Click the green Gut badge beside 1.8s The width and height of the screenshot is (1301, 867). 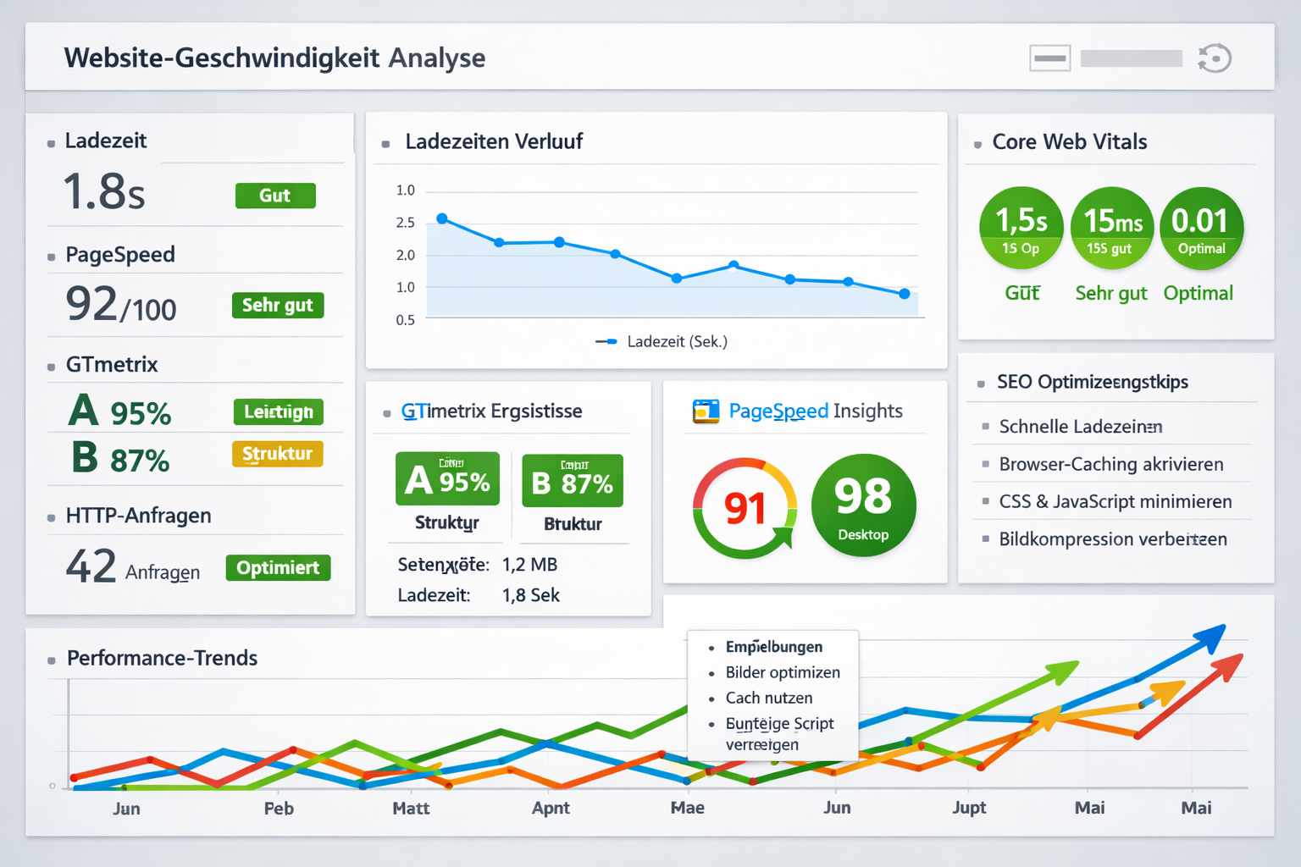[x=275, y=196]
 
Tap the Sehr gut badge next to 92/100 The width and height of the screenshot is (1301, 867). [x=278, y=305]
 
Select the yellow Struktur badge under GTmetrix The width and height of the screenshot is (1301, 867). [x=277, y=454]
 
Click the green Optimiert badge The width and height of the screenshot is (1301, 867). [x=278, y=567]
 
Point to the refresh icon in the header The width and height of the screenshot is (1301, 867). [x=1215, y=58]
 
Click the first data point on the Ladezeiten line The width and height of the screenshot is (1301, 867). [x=441, y=218]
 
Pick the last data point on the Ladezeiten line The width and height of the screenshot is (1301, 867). [x=905, y=294]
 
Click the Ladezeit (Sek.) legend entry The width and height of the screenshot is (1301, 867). [x=662, y=342]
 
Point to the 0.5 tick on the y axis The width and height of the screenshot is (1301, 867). [x=406, y=320]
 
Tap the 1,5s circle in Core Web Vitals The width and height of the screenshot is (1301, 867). [x=1021, y=228]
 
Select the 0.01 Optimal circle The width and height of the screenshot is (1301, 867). [x=1201, y=228]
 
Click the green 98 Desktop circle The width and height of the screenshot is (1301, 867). [x=863, y=505]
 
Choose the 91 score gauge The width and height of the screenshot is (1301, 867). [x=745, y=508]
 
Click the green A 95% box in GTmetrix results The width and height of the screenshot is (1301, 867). [x=447, y=479]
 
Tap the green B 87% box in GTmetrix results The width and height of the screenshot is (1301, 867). [x=573, y=481]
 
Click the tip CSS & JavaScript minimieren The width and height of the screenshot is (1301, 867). [x=1115, y=501]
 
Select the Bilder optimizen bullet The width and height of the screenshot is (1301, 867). [x=782, y=672]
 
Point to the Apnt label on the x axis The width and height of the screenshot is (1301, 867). [x=551, y=808]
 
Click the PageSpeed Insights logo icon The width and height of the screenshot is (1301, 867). [x=706, y=411]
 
